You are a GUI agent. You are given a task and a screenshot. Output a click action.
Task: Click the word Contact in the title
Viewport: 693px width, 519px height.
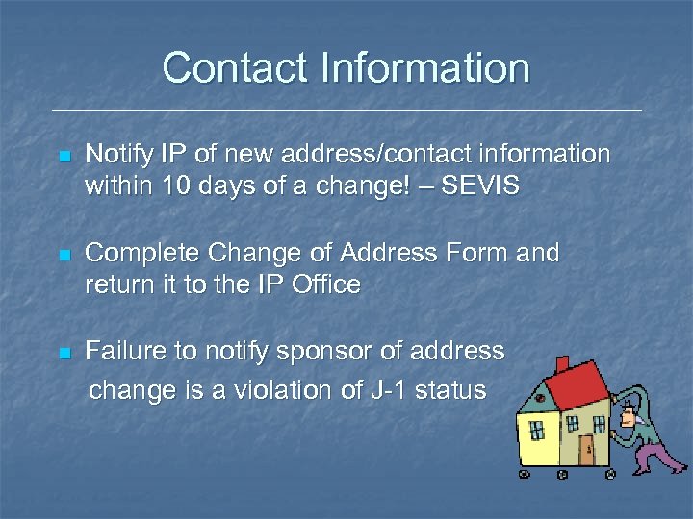223,68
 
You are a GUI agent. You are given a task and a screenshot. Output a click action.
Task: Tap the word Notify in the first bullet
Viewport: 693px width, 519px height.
118,154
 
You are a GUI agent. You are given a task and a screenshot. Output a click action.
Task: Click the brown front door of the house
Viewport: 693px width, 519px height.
586,449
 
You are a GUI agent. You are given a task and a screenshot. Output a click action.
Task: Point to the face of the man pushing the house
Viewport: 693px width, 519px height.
629,413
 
